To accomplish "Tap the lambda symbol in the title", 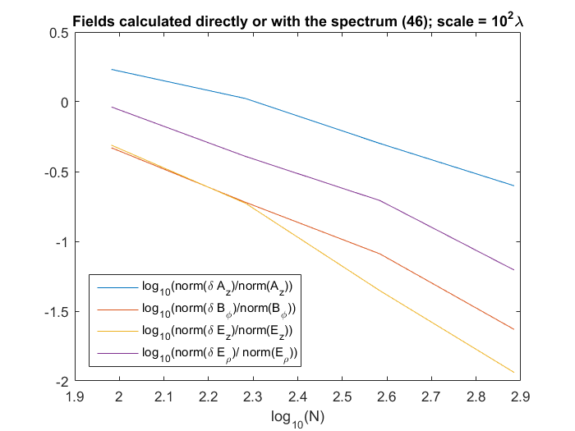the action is [x=518, y=21].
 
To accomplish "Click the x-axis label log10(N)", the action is [x=297, y=418].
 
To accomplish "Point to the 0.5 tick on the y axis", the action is [x=59, y=33].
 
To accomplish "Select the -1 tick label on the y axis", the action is [x=62, y=242].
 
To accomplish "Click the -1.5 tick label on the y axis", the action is [x=57, y=312].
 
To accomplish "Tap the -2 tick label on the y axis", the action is [x=62, y=382].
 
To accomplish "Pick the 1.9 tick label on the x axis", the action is [x=75, y=397].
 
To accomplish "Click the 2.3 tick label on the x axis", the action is [x=253, y=397].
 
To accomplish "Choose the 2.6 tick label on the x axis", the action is [x=387, y=397].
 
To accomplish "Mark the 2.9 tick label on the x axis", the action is [x=520, y=397].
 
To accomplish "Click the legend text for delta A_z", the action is [x=218, y=287].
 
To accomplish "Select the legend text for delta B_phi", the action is [x=219, y=309].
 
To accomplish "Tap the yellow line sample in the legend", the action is [x=117, y=332].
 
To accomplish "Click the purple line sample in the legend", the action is [x=117, y=353].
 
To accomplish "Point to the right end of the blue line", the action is [x=514, y=186].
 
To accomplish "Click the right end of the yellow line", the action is [x=514, y=373].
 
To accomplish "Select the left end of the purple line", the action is [x=112, y=107].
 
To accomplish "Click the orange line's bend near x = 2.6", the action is [x=379, y=254].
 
